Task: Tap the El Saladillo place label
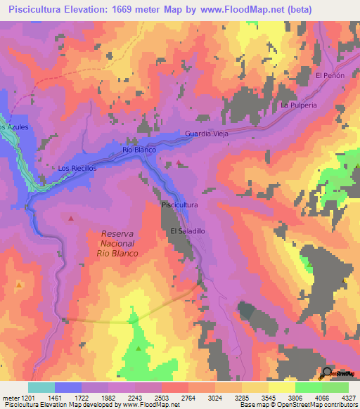pos(187,231)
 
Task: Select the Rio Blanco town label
pos(139,150)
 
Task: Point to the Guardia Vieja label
pos(207,134)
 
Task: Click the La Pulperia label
pos(299,105)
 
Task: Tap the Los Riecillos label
pos(75,169)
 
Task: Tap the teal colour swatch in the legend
pos(41,387)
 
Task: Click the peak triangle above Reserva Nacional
pos(71,219)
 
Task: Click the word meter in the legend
pos(8,398)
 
